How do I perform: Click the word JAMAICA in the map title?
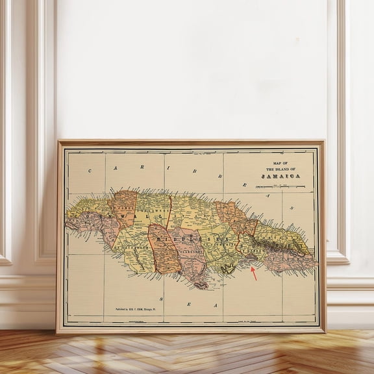coord(280,176)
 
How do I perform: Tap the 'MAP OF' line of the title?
coord(280,164)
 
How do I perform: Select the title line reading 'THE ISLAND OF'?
coord(280,169)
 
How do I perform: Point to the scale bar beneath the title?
coord(280,187)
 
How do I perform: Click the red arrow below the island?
coord(253,273)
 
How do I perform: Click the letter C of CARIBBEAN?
coord(90,171)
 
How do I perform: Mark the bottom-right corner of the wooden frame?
coord(324,332)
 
